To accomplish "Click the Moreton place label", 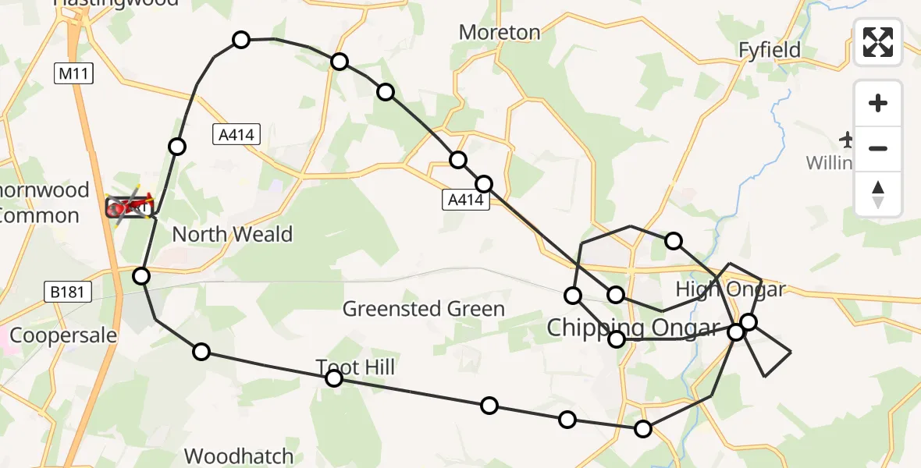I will pyautogui.click(x=500, y=32).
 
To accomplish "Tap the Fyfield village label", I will pyautogui.click(x=770, y=50).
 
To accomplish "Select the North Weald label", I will pyautogui.click(x=232, y=234).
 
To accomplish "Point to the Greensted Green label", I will pyautogui.click(x=424, y=309).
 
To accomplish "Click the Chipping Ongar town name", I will pyautogui.click(x=632, y=328).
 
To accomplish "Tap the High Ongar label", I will pyautogui.click(x=730, y=289).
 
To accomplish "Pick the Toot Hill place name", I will pyautogui.click(x=355, y=367).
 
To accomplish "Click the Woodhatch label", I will pyautogui.click(x=239, y=456).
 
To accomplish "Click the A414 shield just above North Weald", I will pyautogui.click(x=236, y=135).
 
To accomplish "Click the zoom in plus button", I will pyautogui.click(x=878, y=103).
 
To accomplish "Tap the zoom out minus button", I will pyautogui.click(x=878, y=148).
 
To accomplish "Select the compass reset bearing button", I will pyautogui.click(x=878, y=194).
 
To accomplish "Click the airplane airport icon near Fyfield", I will pyautogui.click(x=848, y=140).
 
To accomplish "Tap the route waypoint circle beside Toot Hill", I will pyautogui.click(x=334, y=378).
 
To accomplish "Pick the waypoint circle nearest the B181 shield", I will pyautogui.click(x=141, y=275).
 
